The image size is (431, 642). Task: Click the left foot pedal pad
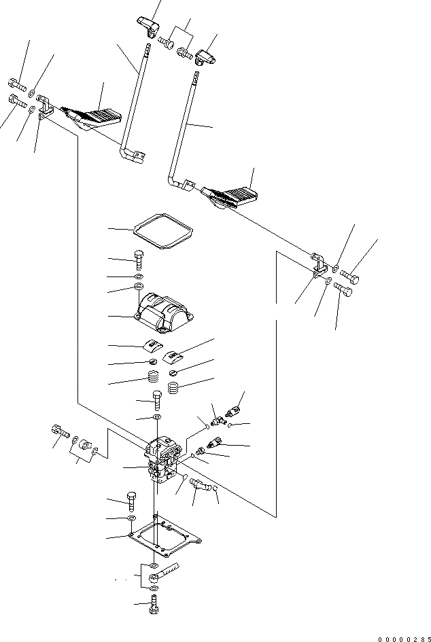(x=95, y=117)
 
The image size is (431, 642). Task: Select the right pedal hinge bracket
(x=317, y=265)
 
